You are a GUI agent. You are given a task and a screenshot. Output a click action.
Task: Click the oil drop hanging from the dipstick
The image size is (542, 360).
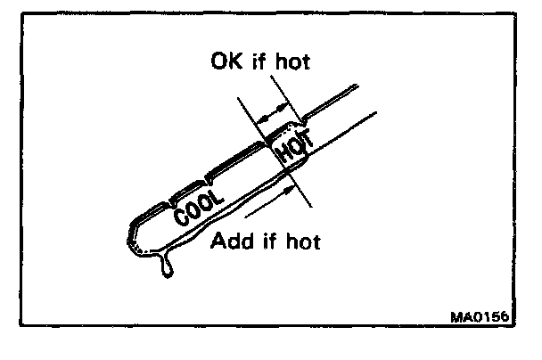pos(166,264)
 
